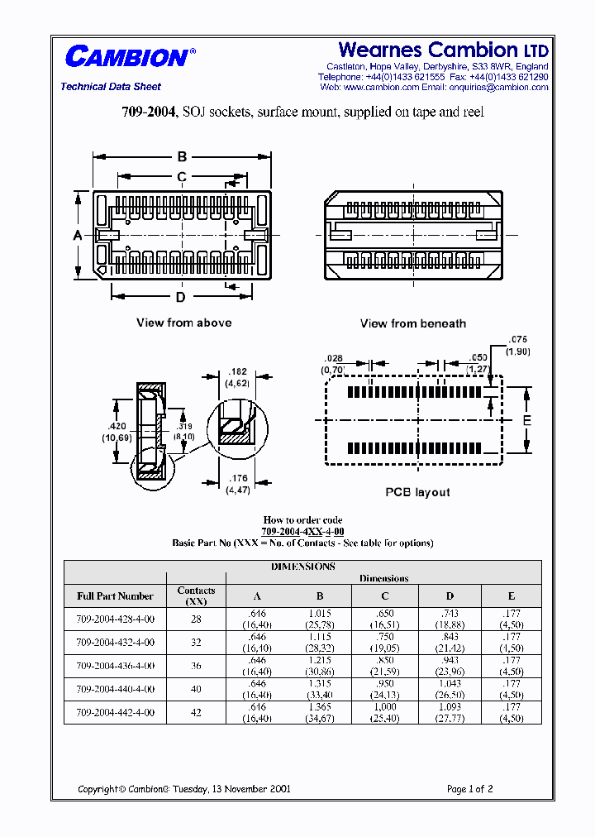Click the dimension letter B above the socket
182,157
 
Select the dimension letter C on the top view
182,176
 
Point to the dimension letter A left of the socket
78,236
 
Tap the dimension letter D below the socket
180,297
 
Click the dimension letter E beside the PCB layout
527,421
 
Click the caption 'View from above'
183,323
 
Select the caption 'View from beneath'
412,323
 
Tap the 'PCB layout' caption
417,492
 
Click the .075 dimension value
517,339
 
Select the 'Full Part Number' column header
115,595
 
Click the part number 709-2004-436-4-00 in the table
115,666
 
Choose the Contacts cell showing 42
196,712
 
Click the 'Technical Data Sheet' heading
111,87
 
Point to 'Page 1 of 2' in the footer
469,789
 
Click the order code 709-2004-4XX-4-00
302,531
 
